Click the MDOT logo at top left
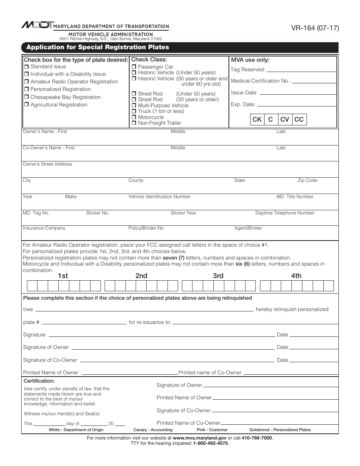click(x=38, y=25)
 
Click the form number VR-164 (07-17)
click(x=315, y=28)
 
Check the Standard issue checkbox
click(x=27, y=67)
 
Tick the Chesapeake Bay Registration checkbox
click(x=27, y=97)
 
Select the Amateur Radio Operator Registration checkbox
click(x=27, y=82)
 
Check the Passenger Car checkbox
click(x=134, y=67)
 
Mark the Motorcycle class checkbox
click(x=134, y=117)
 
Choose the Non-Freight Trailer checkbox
click(x=134, y=123)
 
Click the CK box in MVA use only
click(x=257, y=120)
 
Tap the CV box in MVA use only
click(x=285, y=120)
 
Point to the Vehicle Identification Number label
click(x=159, y=197)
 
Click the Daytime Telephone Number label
click(x=285, y=213)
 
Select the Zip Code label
click(x=307, y=180)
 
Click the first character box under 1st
click(x=32, y=286)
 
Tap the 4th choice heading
click(x=296, y=276)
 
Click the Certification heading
click(x=39, y=381)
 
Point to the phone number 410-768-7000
click(x=257, y=438)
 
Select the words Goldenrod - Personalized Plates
click(x=280, y=430)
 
